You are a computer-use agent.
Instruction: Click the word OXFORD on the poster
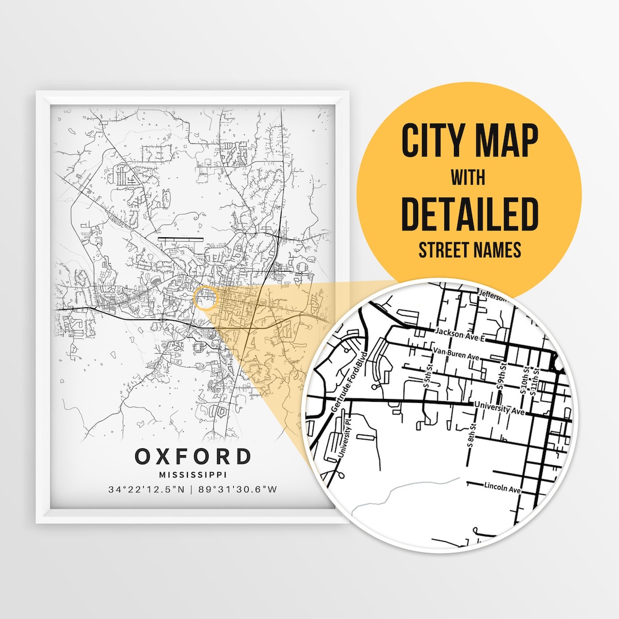pos(193,457)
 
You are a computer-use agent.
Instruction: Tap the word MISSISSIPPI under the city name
pos(193,475)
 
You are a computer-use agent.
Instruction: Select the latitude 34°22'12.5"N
pos(147,489)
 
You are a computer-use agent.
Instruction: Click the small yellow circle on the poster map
pos(206,299)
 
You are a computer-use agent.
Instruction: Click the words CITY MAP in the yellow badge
pos(469,141)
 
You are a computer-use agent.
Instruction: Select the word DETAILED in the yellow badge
pos(469,213)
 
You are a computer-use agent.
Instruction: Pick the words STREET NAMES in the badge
pos(469,250)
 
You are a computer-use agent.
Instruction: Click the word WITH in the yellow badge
pos(468,178)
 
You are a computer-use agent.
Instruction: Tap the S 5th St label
pos(426,388)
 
